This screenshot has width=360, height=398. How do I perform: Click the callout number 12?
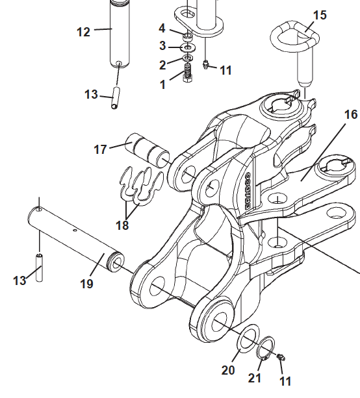[x=84, y=32]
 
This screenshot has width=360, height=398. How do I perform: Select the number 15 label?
[x=320, y=15]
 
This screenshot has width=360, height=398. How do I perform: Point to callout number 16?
[x=350, y=115]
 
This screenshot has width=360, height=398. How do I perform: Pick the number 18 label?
[x=122, y=225]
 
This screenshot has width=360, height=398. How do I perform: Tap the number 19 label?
[x=87, y=284]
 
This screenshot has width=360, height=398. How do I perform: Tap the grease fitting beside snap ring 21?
[x=281, y=358]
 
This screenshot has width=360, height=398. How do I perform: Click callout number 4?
[x=162, y=28]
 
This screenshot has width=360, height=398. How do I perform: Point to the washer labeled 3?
[x=188, y=47]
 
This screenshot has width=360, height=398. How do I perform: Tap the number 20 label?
[x=227, y=370]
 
